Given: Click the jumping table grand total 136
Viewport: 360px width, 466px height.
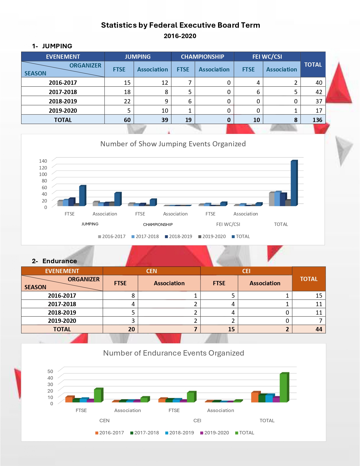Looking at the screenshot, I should pos(317,120).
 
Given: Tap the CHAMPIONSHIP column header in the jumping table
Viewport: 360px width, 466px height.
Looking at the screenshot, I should pos(202,56).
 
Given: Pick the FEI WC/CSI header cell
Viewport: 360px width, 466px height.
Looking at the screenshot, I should pos(267,56).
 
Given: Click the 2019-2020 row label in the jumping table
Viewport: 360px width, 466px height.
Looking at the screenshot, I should pos(63,110).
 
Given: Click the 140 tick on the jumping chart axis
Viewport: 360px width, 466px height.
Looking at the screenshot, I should pos(43,161).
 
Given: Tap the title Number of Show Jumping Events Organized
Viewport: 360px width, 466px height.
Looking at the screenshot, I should pos(173,144).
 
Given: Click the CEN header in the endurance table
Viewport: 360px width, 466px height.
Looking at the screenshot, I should pos(151,271).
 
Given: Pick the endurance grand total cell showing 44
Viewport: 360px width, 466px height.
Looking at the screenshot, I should pos(319,329).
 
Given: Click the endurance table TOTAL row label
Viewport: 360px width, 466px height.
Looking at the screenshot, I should pos(62,329).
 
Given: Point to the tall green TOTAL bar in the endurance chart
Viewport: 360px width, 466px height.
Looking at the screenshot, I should pos(283,387).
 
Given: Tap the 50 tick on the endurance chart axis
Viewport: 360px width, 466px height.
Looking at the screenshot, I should pos(50,371).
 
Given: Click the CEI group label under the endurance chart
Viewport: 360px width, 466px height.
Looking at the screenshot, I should pos(197,421).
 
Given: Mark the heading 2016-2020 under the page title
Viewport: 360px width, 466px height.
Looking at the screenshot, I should pos(180,36).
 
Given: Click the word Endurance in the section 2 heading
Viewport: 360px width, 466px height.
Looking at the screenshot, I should pos(60,261).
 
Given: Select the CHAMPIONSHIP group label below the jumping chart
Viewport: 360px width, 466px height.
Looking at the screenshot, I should pos(158,225).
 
